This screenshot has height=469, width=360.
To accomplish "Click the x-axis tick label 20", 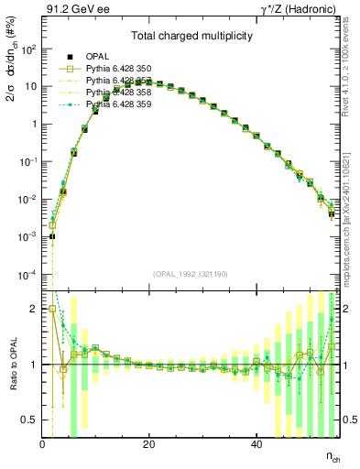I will (x=149, y=444).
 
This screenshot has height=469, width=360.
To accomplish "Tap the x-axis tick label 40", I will (x=256, y=444).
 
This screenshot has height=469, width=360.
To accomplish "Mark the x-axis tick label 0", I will (x=42, y=444).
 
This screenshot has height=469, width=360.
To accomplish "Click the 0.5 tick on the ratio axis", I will (x=29, y=420).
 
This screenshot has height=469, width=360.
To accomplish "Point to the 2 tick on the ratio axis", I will (x=34, y=310).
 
